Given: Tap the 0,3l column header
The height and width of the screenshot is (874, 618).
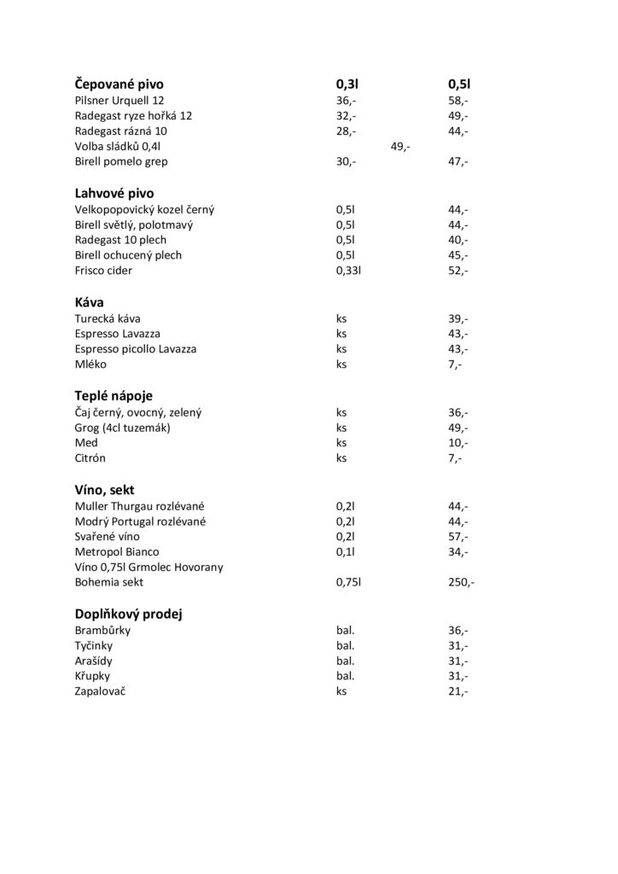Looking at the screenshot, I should [347, 84].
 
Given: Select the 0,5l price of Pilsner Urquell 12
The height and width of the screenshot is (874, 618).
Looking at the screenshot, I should [458, 101].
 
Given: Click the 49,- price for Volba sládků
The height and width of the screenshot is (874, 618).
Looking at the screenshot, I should [400, 147].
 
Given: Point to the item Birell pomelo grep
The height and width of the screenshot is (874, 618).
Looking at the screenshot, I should [121, 161].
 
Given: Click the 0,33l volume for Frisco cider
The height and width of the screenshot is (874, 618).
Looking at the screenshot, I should [350, 271].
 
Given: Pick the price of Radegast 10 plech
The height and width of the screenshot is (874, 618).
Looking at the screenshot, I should [458, 240].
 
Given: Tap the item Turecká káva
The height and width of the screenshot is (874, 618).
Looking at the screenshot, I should [108, 318].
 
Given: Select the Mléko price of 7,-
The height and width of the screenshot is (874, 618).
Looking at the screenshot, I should [455, 364].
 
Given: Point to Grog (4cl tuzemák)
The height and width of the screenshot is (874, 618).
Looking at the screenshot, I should [123, 428].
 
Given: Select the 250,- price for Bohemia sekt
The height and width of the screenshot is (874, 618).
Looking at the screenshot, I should [461, 583].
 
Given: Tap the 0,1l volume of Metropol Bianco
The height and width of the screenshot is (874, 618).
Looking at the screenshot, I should [345, 552].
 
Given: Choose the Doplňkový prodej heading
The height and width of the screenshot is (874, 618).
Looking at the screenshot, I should [130, 615].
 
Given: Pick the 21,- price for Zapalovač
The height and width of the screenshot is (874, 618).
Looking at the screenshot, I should [458, 692].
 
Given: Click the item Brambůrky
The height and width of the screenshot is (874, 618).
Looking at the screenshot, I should [103, 631].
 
